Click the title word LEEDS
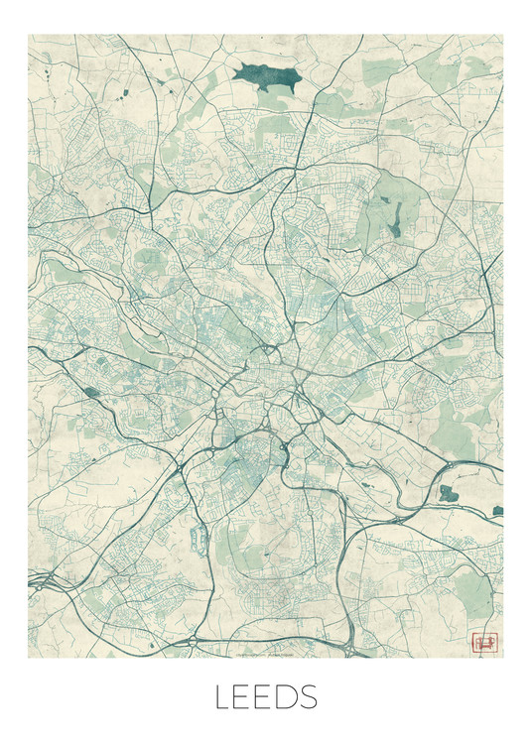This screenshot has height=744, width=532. point(265,697)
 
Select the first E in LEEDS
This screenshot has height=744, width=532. point(244,697)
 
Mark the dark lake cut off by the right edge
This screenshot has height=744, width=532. point(497,511)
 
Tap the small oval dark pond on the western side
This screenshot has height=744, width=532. point(92,392)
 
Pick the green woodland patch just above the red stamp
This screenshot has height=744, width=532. point(474,595)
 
